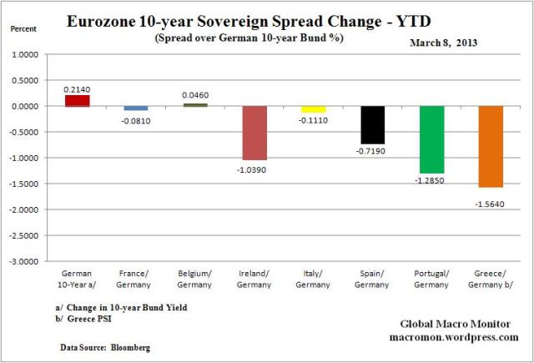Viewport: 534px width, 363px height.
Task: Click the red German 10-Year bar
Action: click(x=77, y=100)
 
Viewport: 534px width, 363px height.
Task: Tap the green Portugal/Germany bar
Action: click(x=432, y=139)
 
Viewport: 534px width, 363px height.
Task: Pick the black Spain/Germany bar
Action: click(x=373, y=124)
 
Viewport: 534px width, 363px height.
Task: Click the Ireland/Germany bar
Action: click(x=254, y=133)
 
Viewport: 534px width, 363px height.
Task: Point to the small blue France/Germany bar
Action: click(x=136, y=108)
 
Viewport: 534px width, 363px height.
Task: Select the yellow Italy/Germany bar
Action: click(x=314, y=109)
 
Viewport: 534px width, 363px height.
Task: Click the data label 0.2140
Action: click(x=77, y=87)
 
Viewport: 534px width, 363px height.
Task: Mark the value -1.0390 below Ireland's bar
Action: click(x=254, y=169)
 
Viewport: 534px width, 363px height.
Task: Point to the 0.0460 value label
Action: click(x=195, y=95)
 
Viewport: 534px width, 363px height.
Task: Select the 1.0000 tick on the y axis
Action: click(x=28, y=55)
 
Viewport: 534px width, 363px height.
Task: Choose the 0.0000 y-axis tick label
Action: click(x=28, y=107)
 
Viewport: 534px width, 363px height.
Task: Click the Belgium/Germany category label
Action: click(x=195, y=278)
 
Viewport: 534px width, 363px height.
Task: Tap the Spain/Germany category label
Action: click(x=373, y=278)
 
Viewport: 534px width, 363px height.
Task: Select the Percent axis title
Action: click(x=23, y=28)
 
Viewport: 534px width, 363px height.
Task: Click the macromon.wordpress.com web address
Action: click(x=455, y=337)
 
